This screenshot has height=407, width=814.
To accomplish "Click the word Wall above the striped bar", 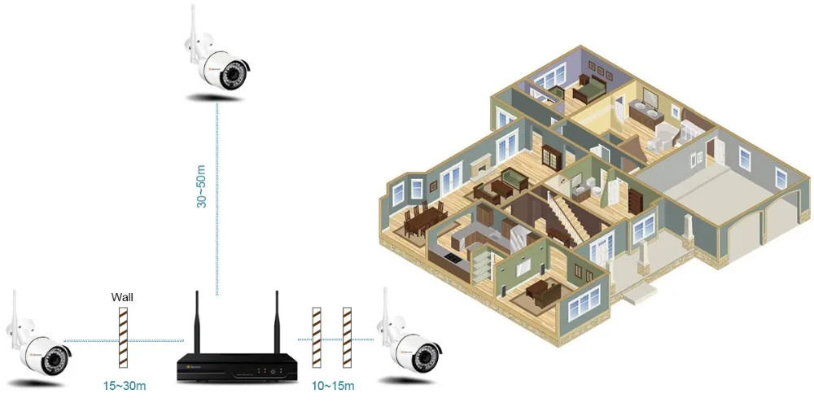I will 122,298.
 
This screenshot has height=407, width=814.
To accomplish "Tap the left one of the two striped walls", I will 317,335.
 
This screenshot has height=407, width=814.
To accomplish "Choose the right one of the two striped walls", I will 347,335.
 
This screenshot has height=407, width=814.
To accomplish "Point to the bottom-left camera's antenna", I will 16,314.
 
